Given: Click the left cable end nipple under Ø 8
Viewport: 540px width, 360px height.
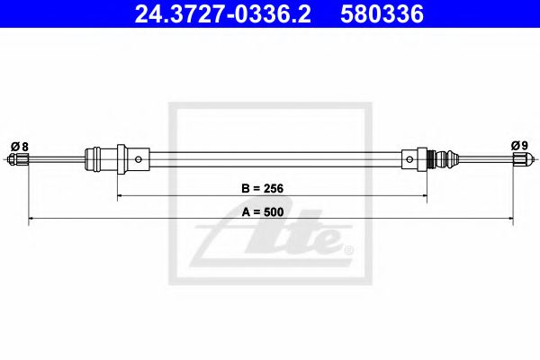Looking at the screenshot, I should (x=20, y=160).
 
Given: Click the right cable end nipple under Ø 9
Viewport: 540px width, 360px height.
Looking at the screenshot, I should (x=519, y=160).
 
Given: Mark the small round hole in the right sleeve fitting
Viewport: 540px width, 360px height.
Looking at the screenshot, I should (x=410, y=160).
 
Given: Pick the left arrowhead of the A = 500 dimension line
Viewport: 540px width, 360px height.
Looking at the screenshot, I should (x=32, y=219).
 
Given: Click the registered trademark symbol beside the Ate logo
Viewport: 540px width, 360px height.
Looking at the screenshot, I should (x=348, y=248).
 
